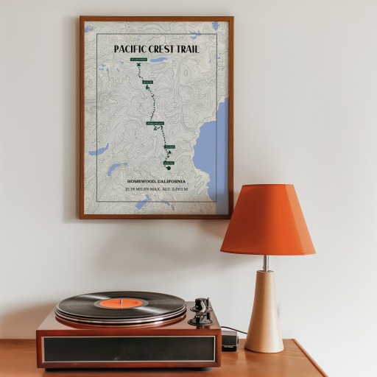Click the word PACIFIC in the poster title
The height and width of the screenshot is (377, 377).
[x=130, y=49]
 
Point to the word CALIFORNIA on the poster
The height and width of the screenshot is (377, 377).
[x=170, y=181]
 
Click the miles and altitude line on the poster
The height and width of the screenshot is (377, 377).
[x=156, y=188]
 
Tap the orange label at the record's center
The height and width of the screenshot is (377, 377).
[x=121, y=303]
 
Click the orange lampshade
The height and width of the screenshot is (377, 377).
[x=267, y=220]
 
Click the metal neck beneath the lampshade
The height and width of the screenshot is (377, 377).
[x=266, y=262]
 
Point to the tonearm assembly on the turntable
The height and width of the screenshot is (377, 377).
[x=200, y=311]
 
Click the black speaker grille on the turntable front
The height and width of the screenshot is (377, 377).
[x=129, y=349]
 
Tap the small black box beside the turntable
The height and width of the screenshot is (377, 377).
[x=229, y=339]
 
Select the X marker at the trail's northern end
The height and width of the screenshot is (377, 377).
[x=138, y=65]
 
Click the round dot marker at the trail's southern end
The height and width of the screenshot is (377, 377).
[x=169, y=167]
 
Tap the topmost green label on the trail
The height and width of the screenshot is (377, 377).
[x=138, y=59]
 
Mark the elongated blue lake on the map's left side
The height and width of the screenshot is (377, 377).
[x=99, y=149]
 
